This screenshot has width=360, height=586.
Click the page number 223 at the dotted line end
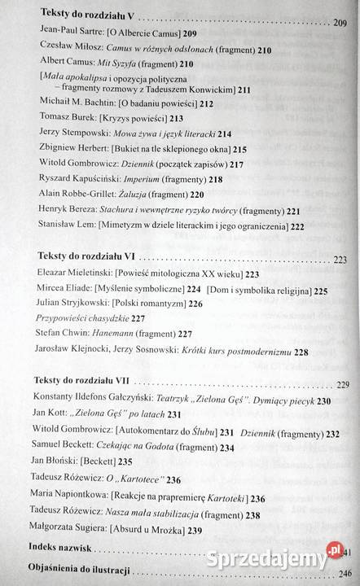(x=340, y=260)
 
